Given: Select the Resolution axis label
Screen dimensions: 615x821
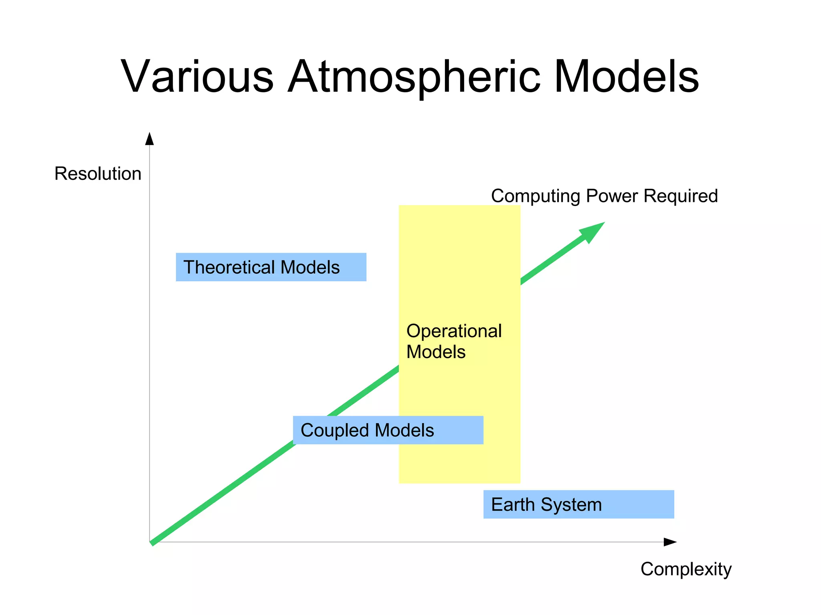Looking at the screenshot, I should pyautogui.click(x=98, y=174).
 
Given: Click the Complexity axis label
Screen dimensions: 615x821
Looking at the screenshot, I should pyautogui.click(x=686, y=569).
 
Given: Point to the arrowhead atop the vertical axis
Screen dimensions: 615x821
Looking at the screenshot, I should pyautogui.click(x=150, y=139).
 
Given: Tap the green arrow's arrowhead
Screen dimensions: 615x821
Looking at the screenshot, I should pyautogui.click(x=592, y=232).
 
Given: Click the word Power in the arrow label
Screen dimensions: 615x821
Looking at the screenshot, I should pyautogui.click(x=612, y=196).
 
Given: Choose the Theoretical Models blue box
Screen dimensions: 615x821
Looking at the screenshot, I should pyautogui.click(x=271, y=267).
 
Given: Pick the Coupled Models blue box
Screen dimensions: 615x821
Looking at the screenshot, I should pyautogui.click(x=388, y=430).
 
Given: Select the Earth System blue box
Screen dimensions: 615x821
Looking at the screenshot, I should pyautogui.click(x=578, y=504).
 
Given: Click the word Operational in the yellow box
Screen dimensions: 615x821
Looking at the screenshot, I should pyautogui.click(x=454, y=331).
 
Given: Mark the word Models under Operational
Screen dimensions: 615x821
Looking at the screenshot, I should pyautogui.click(x=436, y=352).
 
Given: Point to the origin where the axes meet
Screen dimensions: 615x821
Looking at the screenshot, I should pyautogui.click(x=150, y=542).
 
